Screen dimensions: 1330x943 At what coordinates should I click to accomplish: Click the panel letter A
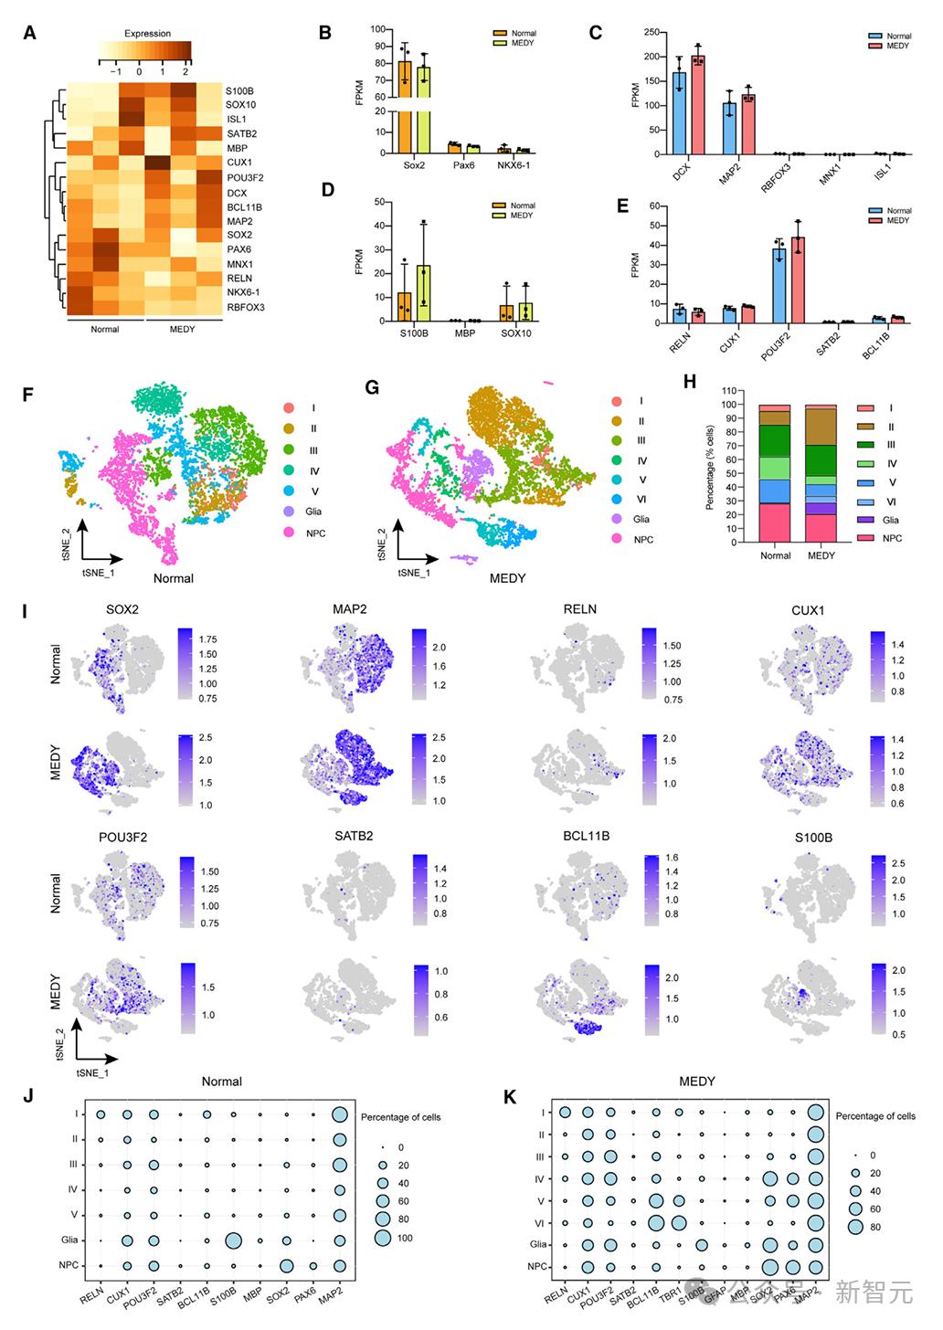[30, 34]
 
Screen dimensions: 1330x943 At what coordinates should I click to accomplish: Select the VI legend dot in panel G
[618, 500]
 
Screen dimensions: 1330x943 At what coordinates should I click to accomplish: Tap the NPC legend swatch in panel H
[865, 538]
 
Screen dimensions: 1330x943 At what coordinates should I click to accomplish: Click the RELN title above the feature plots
[580, 609]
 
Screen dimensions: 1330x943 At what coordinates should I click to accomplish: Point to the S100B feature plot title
[812, 837]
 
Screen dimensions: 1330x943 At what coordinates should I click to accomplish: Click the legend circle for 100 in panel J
[382, 1238]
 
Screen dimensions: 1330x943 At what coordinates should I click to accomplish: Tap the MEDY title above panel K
[696, 1082]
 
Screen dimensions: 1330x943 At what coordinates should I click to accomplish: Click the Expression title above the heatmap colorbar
[147, 34]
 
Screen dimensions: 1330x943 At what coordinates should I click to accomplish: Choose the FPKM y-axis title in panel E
[636, 265]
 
